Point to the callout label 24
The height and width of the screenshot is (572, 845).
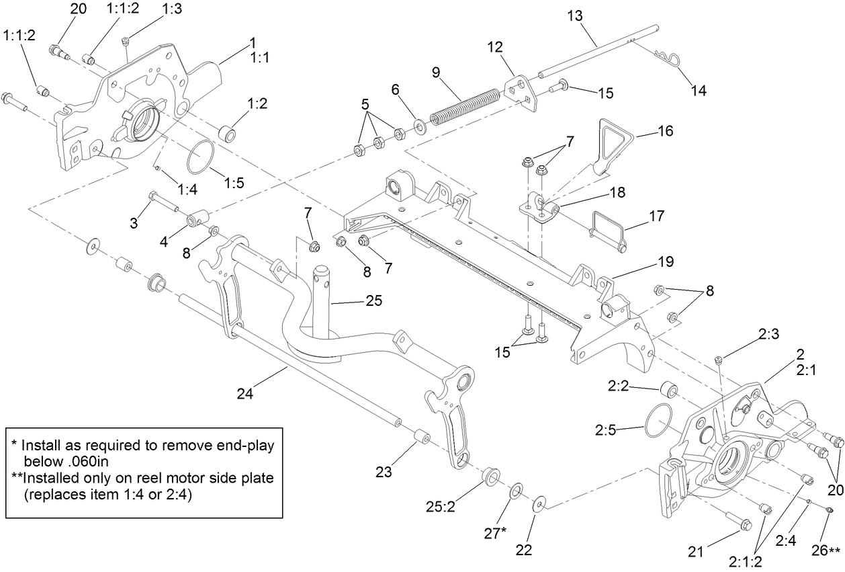[245, 395]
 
